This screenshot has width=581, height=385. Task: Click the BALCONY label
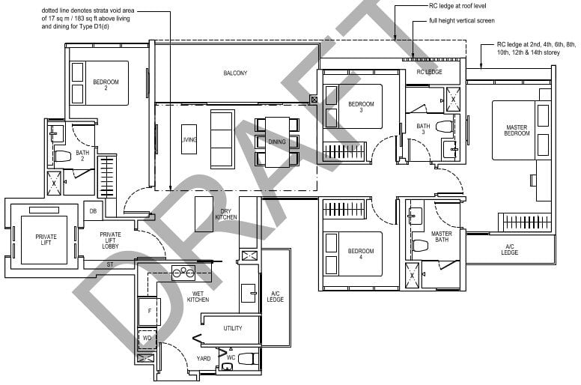tap(235, 73)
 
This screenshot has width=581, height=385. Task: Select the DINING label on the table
tap(276, 141)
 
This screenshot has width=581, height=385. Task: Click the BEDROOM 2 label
tap(106, 85)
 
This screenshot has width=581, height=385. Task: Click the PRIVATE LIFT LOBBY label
tap(110, 240)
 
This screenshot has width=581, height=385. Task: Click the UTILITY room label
tap(232, 328)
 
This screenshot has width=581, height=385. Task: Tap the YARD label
tap(204, 358)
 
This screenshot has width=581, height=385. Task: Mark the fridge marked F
tap(149, 310)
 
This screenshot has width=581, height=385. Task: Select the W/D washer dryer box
tap(148, 338)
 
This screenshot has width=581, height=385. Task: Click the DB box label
tap(93, 211)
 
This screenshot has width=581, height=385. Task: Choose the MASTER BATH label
tap(441, 237)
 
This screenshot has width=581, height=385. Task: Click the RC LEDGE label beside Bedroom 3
tap(429, 72)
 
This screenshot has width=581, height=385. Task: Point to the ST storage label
tap(110, 264)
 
